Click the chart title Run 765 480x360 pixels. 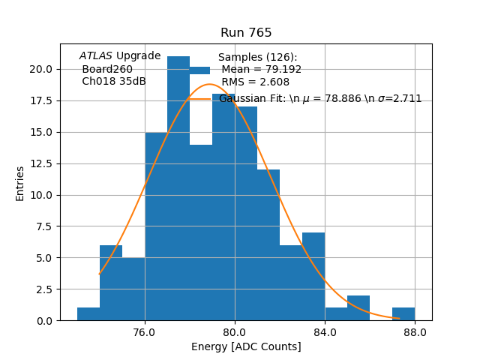[x=246, y=33]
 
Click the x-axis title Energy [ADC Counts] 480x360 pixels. [x=246, y=346]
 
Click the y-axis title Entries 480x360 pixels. [x=20, y=183]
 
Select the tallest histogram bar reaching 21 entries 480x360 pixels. [x=178, y=187]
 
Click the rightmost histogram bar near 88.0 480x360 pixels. [x=403, y=314]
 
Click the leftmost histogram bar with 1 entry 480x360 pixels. [x=88, y=314]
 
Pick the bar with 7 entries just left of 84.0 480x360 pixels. [x=313, y=277]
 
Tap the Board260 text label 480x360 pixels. [x=107, y=69]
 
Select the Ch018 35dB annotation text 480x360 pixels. [x=114, y=82]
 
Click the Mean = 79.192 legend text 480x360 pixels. [x=262, y=70]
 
